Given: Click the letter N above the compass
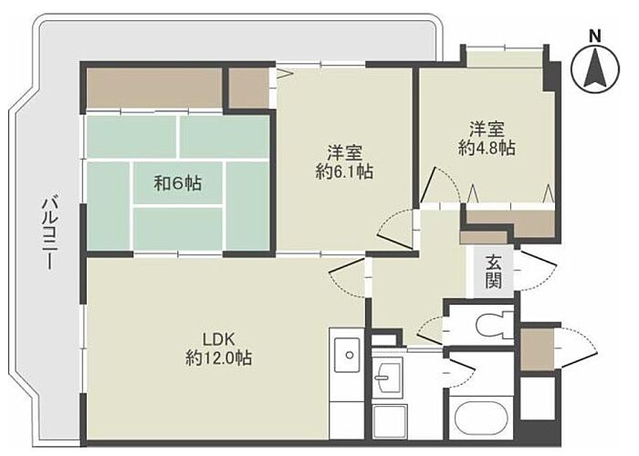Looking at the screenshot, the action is click(595, 36).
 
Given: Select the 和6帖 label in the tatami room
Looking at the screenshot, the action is click(177, 183).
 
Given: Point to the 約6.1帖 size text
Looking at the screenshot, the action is click(344, 172).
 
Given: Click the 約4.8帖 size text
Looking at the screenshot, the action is click(487, 148).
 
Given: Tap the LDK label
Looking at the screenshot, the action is click(218, 338).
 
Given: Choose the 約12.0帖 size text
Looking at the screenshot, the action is click(218, 358).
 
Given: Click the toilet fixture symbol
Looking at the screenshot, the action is click(495, 324).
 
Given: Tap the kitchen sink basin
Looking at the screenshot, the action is click(348, 354).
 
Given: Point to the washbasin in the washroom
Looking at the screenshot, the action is click(387, 376).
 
